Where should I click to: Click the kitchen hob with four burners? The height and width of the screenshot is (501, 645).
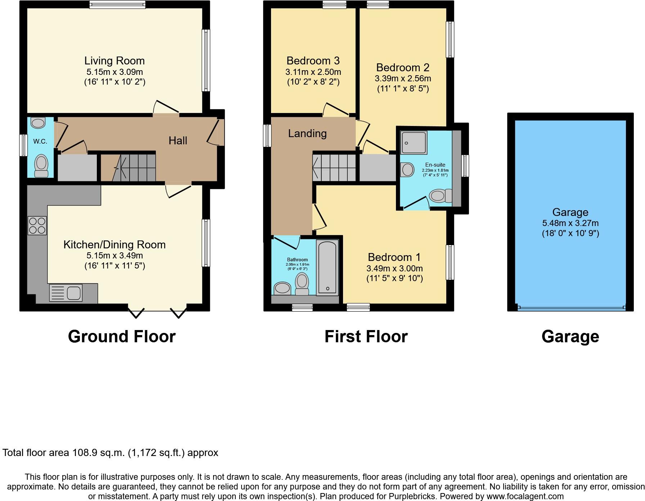[37, 225]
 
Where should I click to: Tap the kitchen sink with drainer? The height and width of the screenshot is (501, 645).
[66, 292]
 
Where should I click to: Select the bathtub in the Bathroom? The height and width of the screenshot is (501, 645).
[327, 268]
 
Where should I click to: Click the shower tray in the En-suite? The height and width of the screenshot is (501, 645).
[414, 143]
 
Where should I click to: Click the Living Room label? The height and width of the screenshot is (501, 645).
[114, 60]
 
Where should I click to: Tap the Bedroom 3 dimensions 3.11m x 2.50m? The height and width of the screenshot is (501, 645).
[313, 72]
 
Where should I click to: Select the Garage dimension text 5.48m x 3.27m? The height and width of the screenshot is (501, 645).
[570, 223]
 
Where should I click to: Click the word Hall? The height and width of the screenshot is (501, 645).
[178, 140]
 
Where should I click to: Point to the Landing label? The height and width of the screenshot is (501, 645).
[307, 134]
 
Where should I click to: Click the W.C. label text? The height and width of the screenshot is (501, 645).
[40, 141]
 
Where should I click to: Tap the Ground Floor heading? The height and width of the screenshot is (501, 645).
[122, 337]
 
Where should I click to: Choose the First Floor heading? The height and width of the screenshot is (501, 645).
[366, 337]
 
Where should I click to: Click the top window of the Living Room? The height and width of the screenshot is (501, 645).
[117, 5]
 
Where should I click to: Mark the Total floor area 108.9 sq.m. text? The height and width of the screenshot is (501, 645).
[110, 452]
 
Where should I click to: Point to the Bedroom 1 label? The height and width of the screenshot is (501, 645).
[394, 257]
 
